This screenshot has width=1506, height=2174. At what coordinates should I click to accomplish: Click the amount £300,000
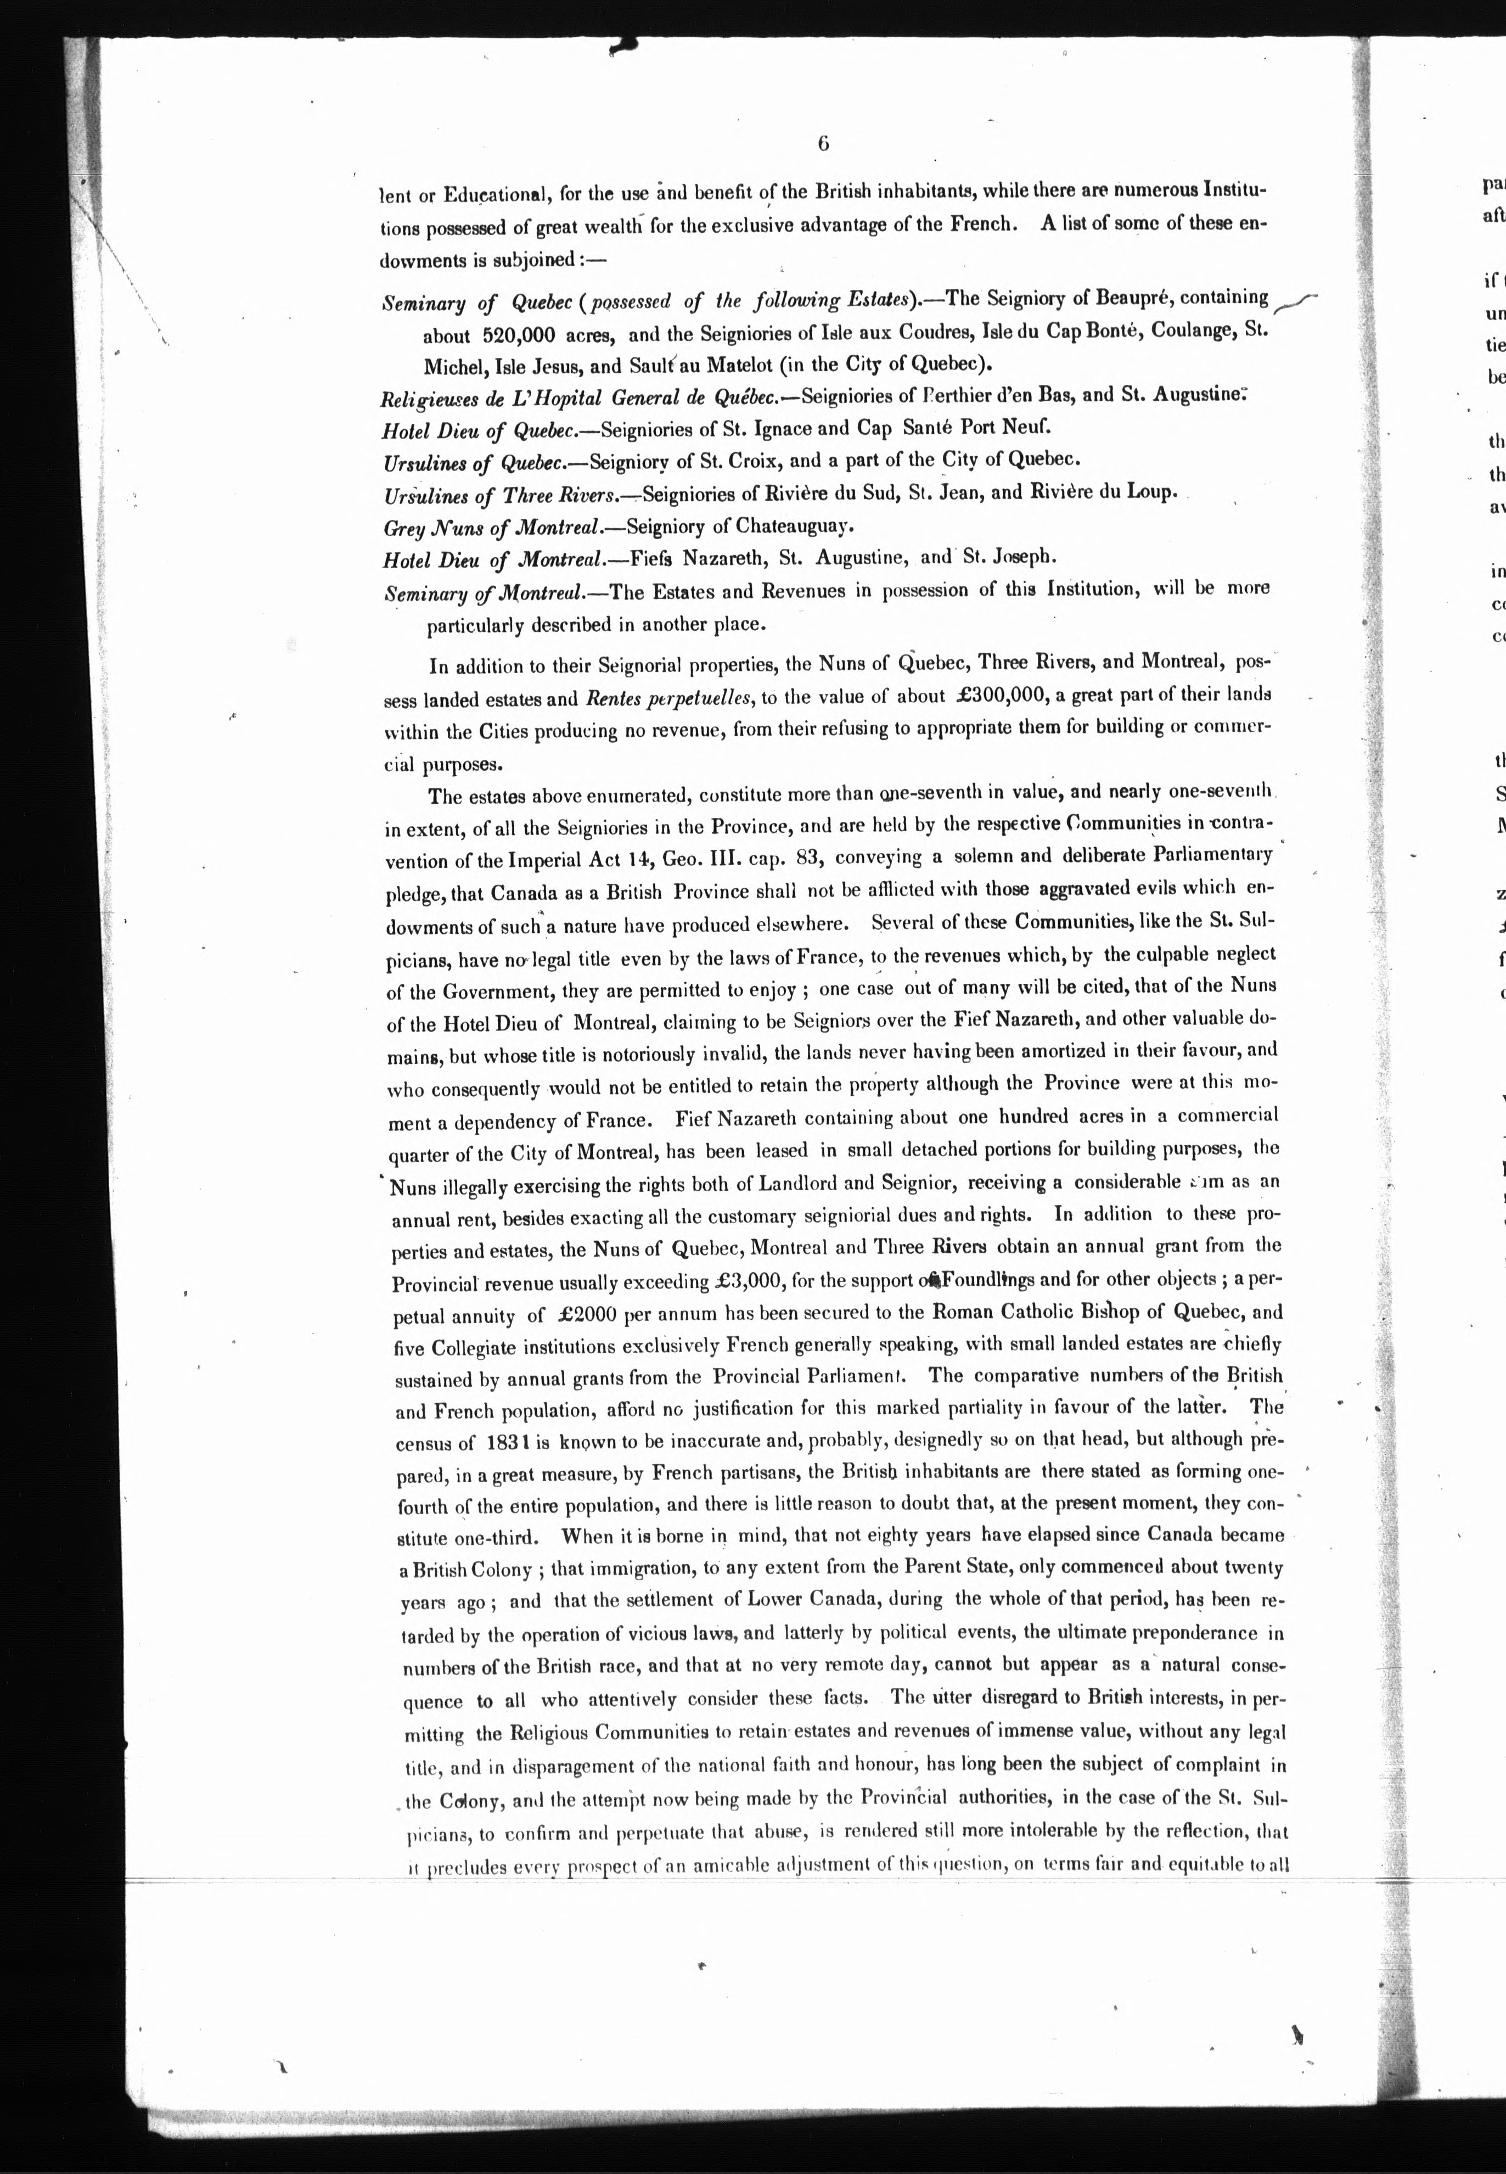tap(1000, 696)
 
